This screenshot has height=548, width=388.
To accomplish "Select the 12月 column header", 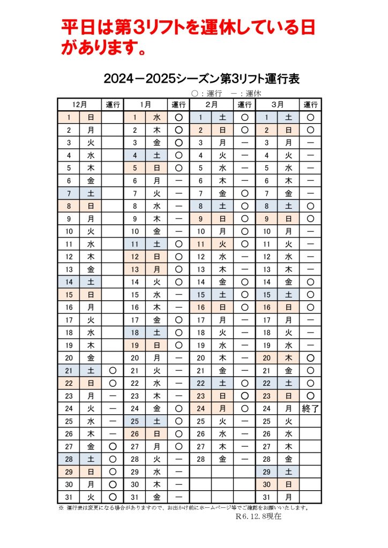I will (x=80, y=104).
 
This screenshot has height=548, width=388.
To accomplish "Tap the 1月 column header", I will (x=145, y=104).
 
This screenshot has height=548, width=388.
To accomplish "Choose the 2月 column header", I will (x=212, y=104).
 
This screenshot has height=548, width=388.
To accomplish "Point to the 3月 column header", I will (x=278, y=104).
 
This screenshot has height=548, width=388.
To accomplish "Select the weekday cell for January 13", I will (x=156, y=269).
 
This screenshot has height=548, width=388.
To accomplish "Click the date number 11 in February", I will (x=201, y=243).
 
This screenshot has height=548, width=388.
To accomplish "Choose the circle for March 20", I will (x=310, y=358).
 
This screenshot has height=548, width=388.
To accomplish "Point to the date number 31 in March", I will (x=267, y=497).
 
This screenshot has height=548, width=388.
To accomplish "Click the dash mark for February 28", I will (x=244, y=459).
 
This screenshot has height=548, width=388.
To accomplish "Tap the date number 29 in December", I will (x=69, y=472).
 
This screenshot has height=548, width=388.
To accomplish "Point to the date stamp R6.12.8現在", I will (x=258, y=517).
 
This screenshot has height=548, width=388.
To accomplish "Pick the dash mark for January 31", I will (x=178, y=497).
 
